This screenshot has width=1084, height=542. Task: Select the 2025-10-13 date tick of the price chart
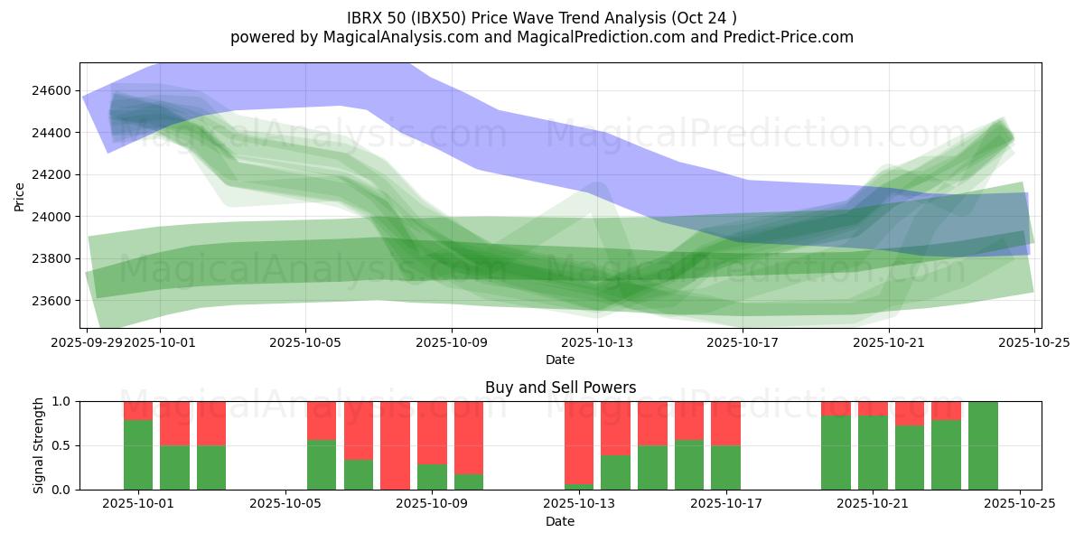pyautogui.click(x=597, y=343)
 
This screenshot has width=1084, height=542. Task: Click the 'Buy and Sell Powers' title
pyautogui.click(x=560, y=388)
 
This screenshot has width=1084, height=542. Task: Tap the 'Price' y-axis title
pyautogui.click(x=20, y=195)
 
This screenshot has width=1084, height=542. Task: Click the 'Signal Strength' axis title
pyautogui.click(x=38, y=445)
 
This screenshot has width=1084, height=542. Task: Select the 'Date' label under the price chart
pyautogui.click(x=560, y=360)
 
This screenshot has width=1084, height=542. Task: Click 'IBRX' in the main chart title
pyautogui.click(x=366, y=18)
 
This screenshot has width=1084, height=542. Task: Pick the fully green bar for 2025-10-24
pyautogui.click(x=983, y=445)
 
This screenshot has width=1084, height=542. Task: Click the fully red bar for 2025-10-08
pyautogui.click(x=396, y=445)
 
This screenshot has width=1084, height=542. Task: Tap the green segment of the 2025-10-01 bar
pyautogui.click(x=138, y=454)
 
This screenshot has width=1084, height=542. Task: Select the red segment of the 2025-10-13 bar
pyautogui.click(x=579, y=443)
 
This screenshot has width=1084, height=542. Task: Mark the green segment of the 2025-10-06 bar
pyautogui.click(x=322, y=464)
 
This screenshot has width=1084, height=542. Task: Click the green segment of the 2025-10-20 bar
pyautogui.click(x=836, y=453)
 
